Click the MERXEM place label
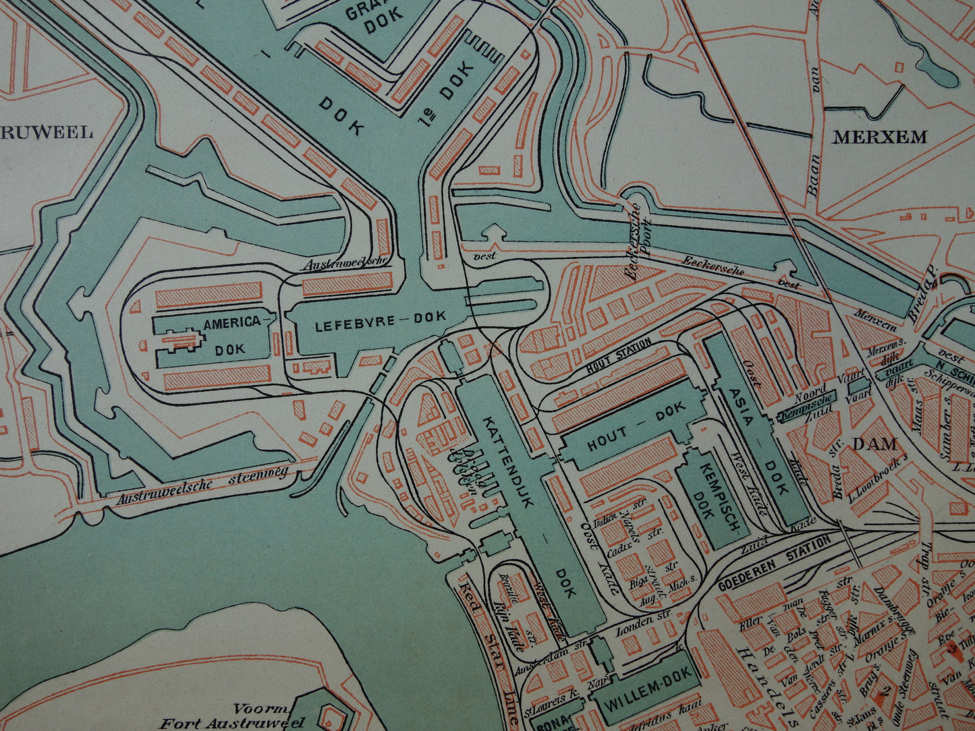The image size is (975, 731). click(x=879, y=138)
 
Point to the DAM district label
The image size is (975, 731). click(x=874, y=444)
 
